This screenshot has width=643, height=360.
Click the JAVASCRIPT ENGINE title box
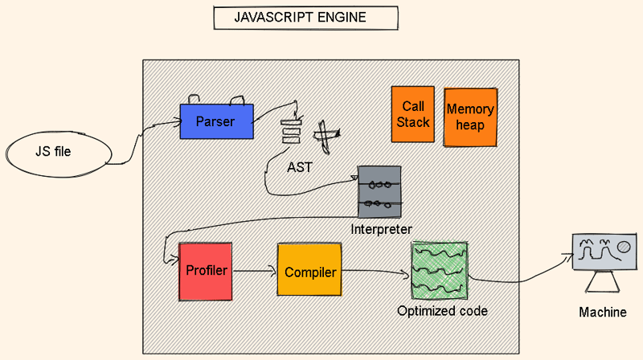[x=305, y=18]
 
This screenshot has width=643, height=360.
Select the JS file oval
[x=58, y=152]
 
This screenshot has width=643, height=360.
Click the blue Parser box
[x=216, y=121]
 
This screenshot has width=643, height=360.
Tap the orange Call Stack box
[x=413, y=115]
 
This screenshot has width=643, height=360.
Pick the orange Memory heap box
[x=470, y=117]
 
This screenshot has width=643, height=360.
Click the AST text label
[x=299, y=167]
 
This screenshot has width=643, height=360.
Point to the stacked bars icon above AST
[x=290, y=131]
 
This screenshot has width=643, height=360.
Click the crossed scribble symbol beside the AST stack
[x=325, y=136]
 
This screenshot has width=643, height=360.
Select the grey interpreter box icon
[x=379, y=192]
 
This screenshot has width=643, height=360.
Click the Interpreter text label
[x=382, y=229]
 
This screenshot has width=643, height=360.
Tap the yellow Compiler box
[x=310, y=272]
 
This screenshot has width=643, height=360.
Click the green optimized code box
[x=439, y=271]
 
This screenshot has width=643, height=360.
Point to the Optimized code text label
[x=442, y=310]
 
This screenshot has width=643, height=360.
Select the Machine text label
[x=602, y=312]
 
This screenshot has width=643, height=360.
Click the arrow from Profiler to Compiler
[x=255, y=272]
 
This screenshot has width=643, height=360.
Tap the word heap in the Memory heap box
[x=470, y=125]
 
